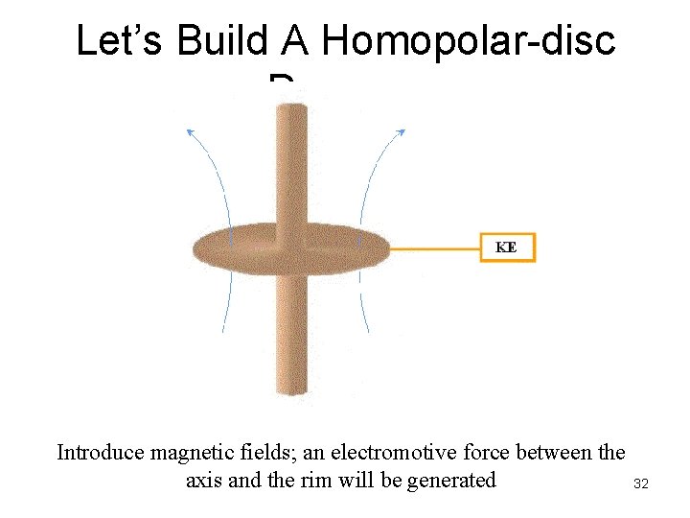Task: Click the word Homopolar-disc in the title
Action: [469, 41]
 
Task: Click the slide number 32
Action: [641, 484]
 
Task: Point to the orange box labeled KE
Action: [507, 247]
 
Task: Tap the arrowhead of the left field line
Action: [189, 130]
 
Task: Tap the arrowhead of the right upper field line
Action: [402, 132]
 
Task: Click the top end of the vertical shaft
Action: [291, 107]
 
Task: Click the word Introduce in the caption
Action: [101, 452]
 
